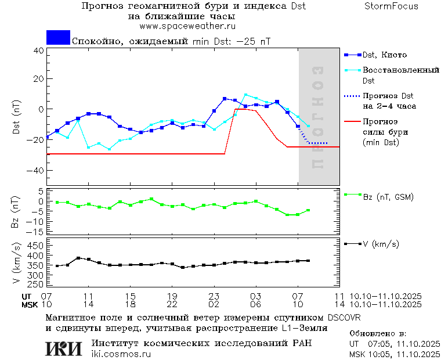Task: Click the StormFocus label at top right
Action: point(391,6)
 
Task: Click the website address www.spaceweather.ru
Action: point(187,26)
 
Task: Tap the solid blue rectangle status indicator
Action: point(58,38)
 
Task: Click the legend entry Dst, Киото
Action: point(384,55)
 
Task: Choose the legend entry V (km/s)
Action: point(380,244)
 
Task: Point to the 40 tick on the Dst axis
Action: point(39,51)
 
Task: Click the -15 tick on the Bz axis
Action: point(36,232)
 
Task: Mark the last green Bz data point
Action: point(308,210)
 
